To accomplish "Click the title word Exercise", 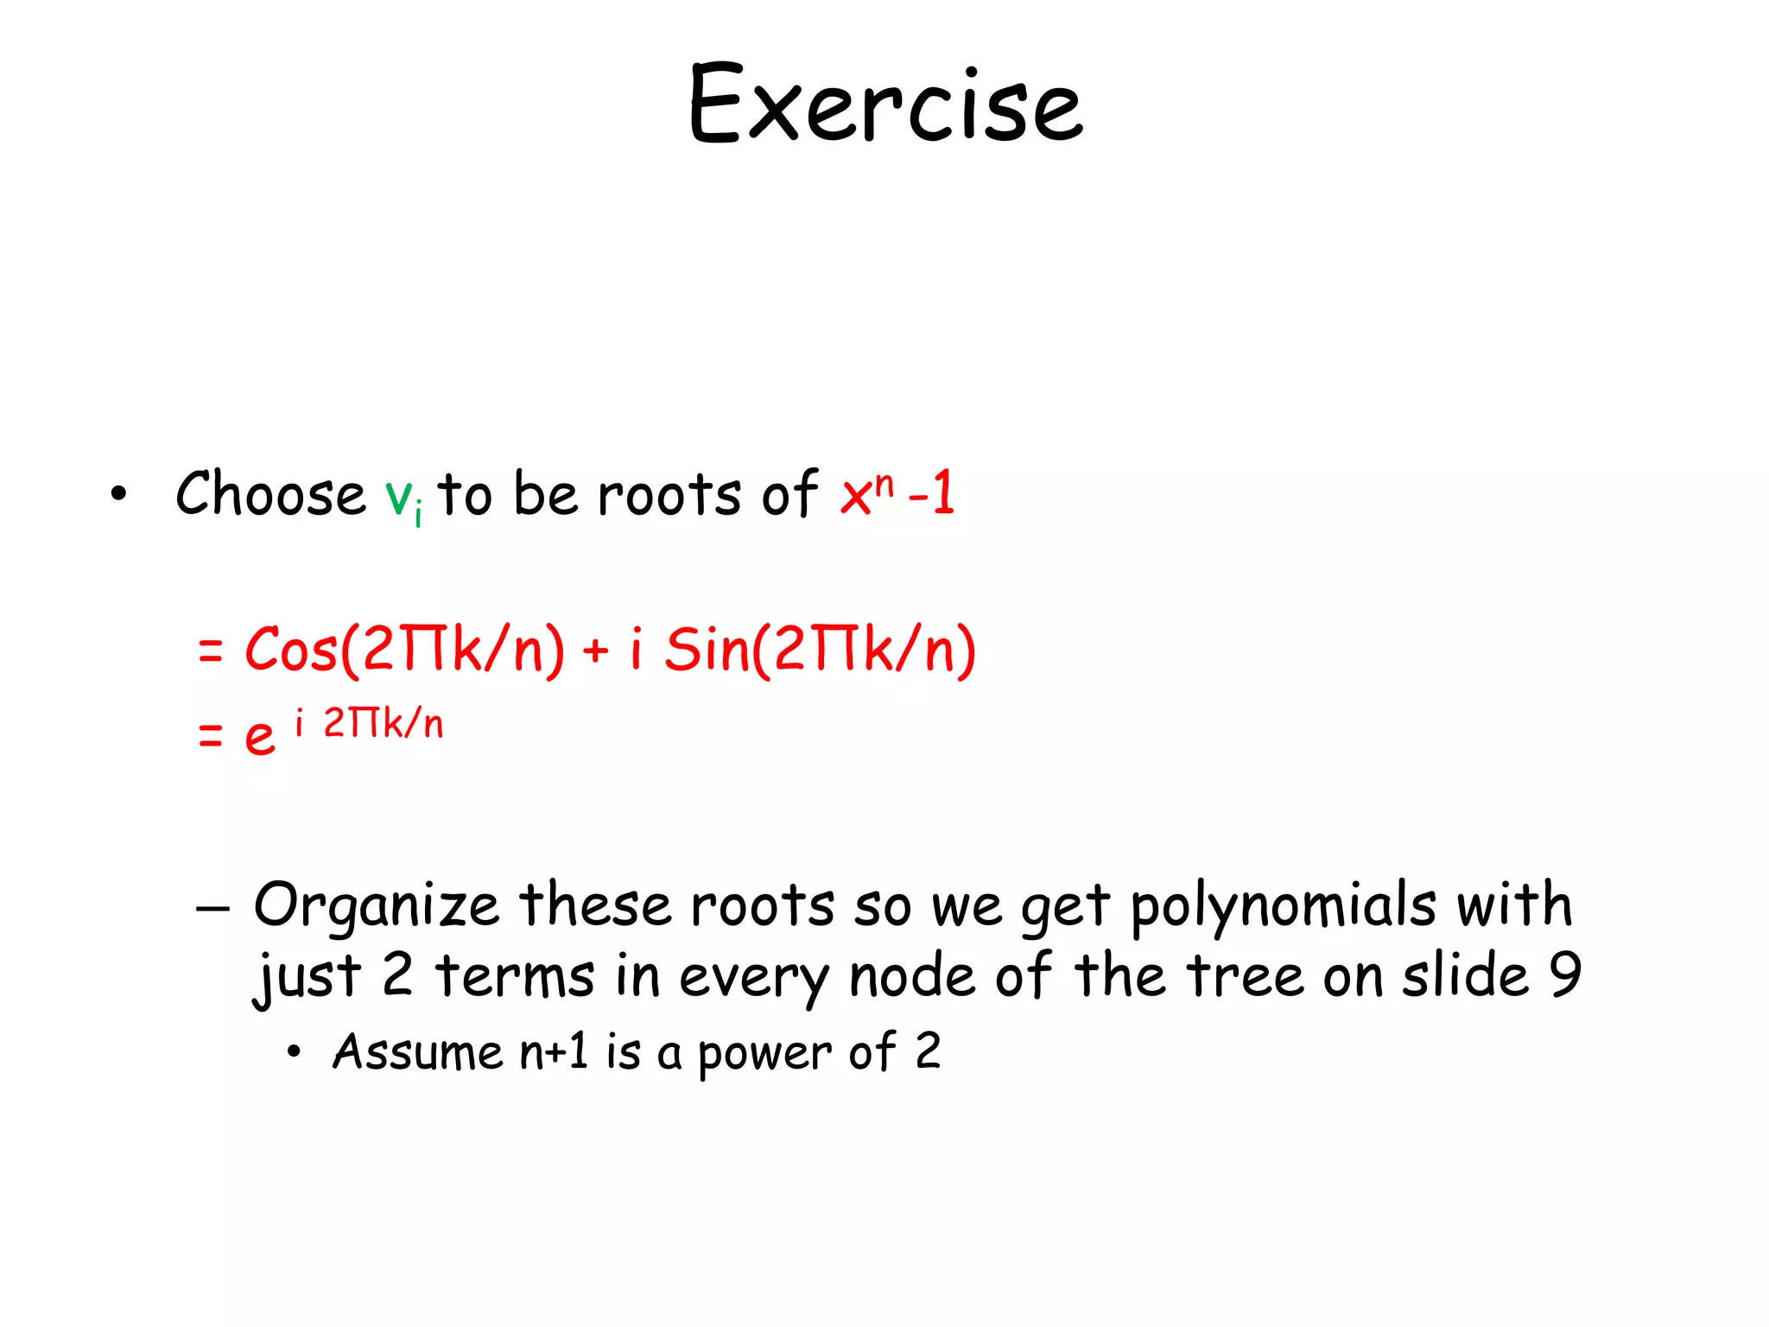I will point(885,105).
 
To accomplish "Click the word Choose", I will point(270,494).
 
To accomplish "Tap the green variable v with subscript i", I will point(403,498).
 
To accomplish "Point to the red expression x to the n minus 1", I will point(897,494).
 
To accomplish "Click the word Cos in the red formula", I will point(290,650).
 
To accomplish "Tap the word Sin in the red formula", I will point(707,650).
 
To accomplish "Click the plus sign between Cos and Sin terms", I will point(595,651).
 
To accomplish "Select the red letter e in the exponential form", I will point(259,737).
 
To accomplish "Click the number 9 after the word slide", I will point(1564,975).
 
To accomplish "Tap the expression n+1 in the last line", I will point(554,1052).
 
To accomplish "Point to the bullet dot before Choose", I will point(118,494).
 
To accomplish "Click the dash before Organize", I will point(212,909).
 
